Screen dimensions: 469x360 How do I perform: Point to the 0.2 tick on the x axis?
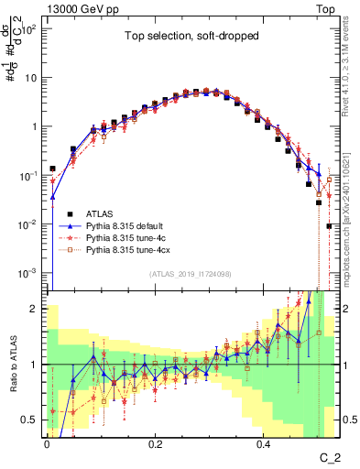coord(155,441)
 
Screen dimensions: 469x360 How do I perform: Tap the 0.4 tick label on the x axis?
coord(263,441)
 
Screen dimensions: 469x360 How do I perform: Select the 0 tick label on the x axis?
coord(47,441)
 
